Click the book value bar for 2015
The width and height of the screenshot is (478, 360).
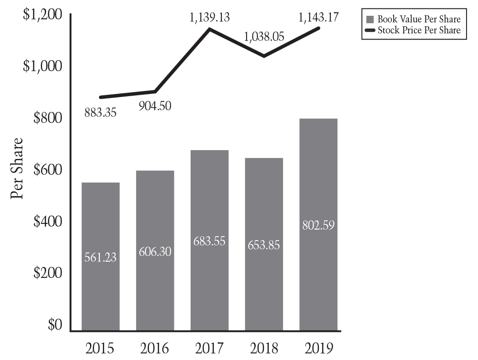pos(100,281)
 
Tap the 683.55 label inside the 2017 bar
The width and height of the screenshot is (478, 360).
pos(210,241)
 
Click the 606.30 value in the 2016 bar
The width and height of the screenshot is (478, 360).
pos(155,252)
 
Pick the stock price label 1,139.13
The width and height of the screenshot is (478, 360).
pos(210,18)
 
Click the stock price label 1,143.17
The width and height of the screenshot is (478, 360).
pos(319,18)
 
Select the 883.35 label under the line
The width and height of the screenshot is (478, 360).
pos(100,113)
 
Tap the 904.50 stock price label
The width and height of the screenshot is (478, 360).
pos(155,106)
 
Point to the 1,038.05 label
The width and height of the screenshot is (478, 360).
pos(264,36)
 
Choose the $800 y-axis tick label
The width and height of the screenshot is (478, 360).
pos(48,119)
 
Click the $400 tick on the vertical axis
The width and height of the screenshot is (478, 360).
pos(48,222)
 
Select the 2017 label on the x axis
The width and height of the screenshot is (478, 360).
pos(210,349)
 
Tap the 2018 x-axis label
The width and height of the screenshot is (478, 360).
pos(264,349)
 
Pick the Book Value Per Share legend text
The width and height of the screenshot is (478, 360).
pos(419,19)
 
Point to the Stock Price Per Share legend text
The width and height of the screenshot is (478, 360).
pos(419,30)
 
